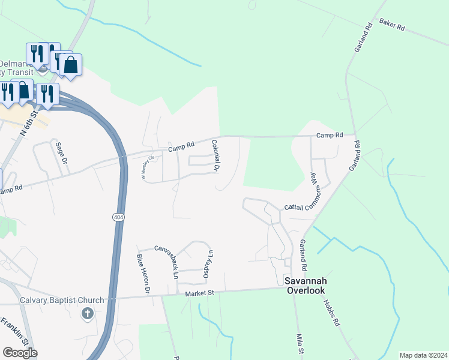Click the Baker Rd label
(392, 25)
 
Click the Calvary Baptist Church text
(62, 301)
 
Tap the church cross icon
(88, 313)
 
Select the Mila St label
(300, 344)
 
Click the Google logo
(20, 353)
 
